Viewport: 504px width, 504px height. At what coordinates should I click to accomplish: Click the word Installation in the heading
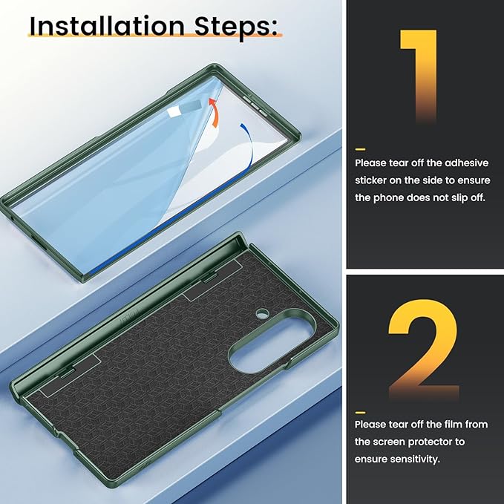pos(107,26)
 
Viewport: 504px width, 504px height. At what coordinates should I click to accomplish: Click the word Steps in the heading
pos(235,27)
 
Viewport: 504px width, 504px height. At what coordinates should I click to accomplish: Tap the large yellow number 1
pos(419,76)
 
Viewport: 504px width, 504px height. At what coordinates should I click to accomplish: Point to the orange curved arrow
pos(214,113)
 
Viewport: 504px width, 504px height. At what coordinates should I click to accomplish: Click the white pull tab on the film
pos(173,113)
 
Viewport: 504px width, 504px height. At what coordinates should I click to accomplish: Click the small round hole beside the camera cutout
pos(262,312)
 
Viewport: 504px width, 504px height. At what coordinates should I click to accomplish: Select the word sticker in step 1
pos(370,180)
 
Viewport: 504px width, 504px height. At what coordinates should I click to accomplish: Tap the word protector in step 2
pos(432,442)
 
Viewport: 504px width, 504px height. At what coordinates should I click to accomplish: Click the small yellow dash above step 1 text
pos(360,149)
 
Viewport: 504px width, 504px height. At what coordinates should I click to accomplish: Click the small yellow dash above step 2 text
pos(360,413)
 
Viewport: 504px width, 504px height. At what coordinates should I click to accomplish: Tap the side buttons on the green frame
pos(255,104)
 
